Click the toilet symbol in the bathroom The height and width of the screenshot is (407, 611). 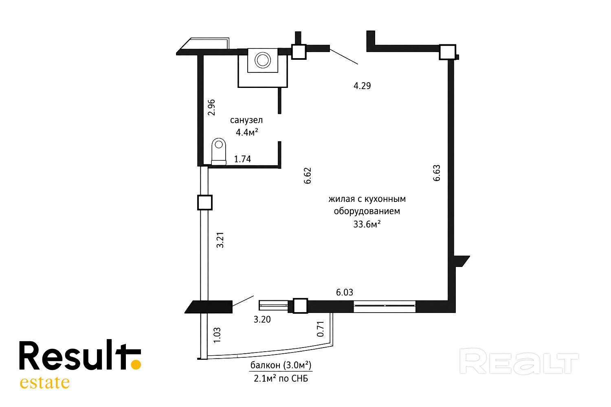pyautogui.click(x=219, y=151)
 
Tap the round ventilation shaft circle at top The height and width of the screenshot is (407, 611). pyautogui.click(x=263, y=60)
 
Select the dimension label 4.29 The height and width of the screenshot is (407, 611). pyautogui.click(x=362, y=86)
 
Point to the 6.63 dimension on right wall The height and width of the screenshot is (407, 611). pyautogui.click(x=436, y=173)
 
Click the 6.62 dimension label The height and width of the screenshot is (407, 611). pyautogui.click(x=307, y=175)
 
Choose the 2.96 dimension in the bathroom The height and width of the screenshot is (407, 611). pyautogui.click(x=211, y=107)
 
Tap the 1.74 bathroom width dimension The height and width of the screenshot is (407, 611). pyautogui.click(x=242, y=159)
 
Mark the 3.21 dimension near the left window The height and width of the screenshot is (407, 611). pyautogui.click(x=220, y=240)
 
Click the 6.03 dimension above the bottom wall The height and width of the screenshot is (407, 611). pyautogui.click(x=345, y=292)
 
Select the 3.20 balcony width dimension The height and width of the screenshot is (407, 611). pyautogui.click(x=262, y=319)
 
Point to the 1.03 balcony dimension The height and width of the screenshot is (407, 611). pyautogui.click(x=217, y=335)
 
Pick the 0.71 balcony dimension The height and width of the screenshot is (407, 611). pyautogui.click(x=320, y=329)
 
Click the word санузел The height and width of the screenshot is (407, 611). pyautogui.click(x=246, y=120)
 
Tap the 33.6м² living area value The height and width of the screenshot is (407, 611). pyautogui.click(x=367, y=224)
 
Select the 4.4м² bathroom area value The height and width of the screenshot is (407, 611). pyautogui.click(x=247, y=132)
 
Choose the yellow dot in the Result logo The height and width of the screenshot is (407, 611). pyautogui.click(x=136, y=365)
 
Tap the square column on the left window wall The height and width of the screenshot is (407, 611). pyautogui.click(x=205, y=203)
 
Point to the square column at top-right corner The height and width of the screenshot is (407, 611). pyautogui.click(x=447, y=52)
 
